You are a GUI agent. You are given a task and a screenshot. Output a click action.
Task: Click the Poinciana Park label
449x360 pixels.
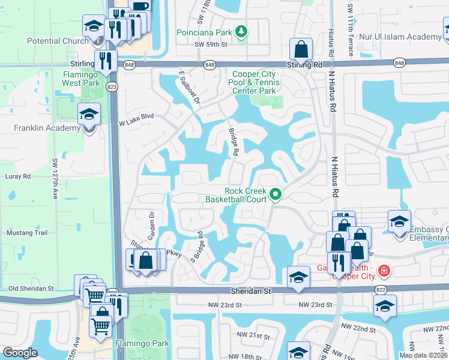tap(203, 32)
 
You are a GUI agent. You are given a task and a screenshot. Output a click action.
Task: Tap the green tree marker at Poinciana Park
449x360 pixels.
tap(241, 31)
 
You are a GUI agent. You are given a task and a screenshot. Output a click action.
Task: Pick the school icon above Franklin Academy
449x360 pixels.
tap(88, 113)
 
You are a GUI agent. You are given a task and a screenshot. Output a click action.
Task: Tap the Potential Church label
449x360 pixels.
tap(58, 41)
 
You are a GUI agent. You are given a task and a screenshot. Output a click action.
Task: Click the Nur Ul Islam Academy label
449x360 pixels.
tap(400, 37)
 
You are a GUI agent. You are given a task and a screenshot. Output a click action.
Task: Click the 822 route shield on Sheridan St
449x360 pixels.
tap(380, 290)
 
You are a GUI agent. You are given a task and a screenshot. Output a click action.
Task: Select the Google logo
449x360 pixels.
tap(20, 353)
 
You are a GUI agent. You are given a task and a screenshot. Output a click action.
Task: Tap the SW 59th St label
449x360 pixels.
tap(211, 44)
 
